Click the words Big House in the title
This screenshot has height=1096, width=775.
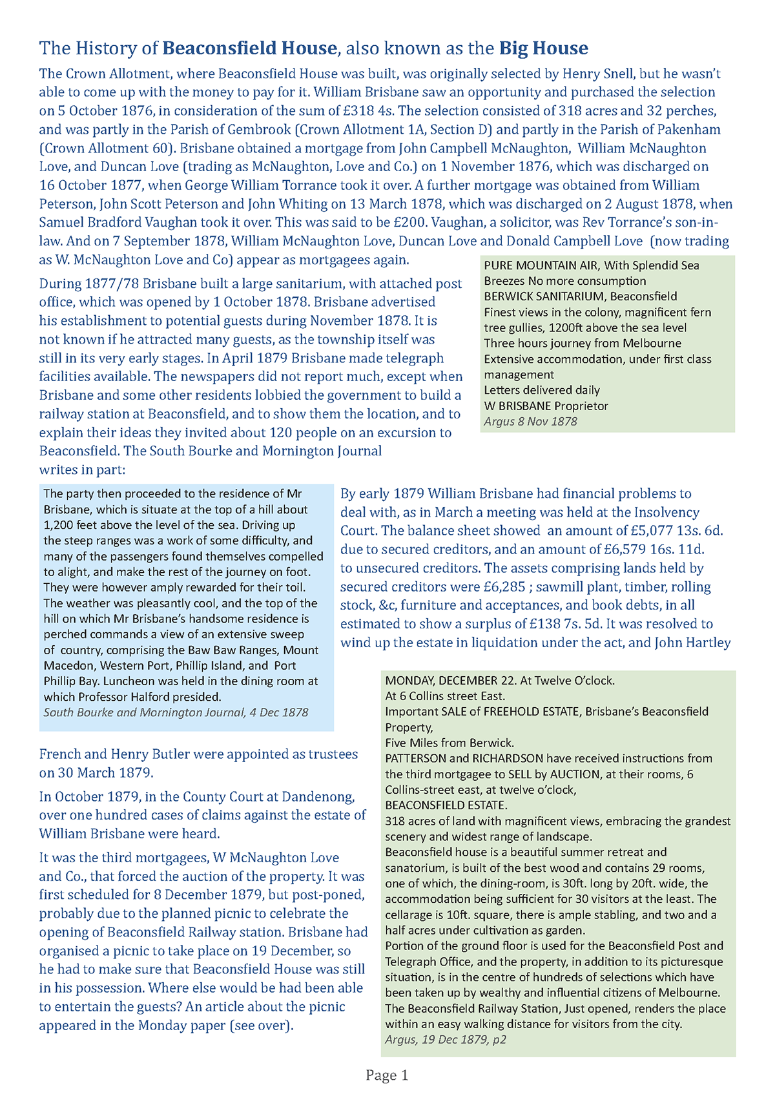(x=543, y=48)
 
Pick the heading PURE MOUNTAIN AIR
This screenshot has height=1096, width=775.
(x=542, y=265)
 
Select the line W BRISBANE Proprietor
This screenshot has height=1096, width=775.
(x=546, y=406)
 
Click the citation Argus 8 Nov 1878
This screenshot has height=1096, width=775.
(x=530, y=422)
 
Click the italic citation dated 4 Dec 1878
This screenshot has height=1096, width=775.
(x=176, y=712)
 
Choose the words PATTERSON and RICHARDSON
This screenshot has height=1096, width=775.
(x=464, y=758)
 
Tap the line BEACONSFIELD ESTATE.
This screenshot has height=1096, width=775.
(x=446, y=805)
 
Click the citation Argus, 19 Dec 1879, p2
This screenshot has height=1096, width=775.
(x=446, y=1040)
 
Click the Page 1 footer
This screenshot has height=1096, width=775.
(x=387, y=1075)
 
